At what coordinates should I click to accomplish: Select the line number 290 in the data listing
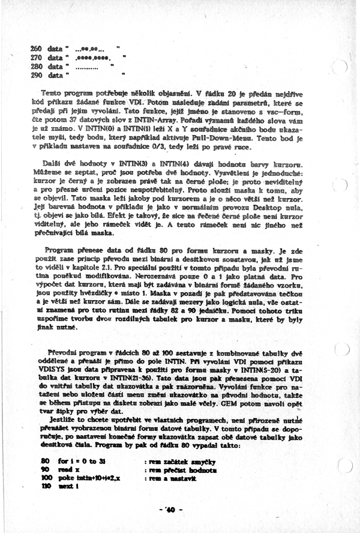pyautogui.click(x=35, y=76)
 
